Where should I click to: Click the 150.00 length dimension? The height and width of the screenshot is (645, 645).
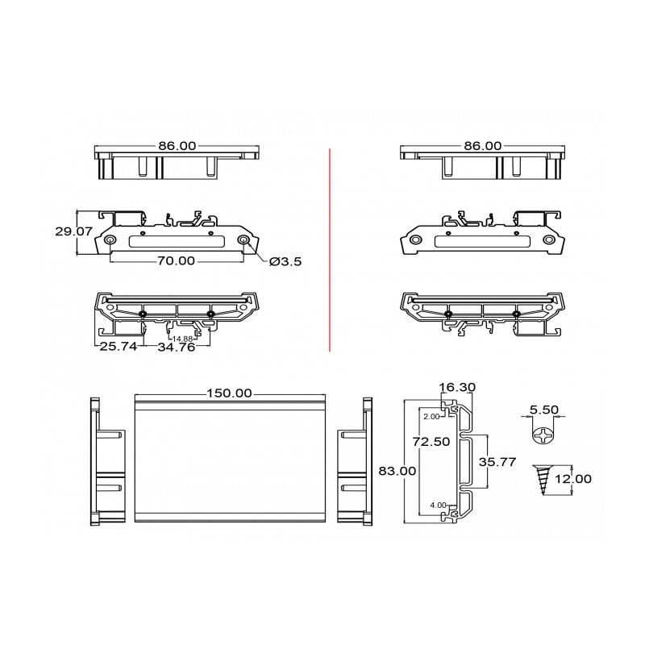click(229, 393)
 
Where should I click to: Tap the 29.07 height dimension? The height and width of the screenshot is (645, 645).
click(74, 231)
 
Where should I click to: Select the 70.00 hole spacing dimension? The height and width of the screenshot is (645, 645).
click(176, 260)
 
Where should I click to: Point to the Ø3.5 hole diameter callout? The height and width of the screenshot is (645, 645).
click(285, 261)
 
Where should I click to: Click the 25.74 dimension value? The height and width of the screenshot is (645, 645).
click(119, 347)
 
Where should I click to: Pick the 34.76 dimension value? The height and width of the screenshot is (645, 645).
click(177, 347)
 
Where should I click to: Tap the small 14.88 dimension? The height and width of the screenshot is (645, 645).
click(182, 339)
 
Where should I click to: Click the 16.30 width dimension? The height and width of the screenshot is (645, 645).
click(457, 387)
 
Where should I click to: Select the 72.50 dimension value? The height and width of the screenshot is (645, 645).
click(431, 441)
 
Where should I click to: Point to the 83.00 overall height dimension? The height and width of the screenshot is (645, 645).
click(397, 471)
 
